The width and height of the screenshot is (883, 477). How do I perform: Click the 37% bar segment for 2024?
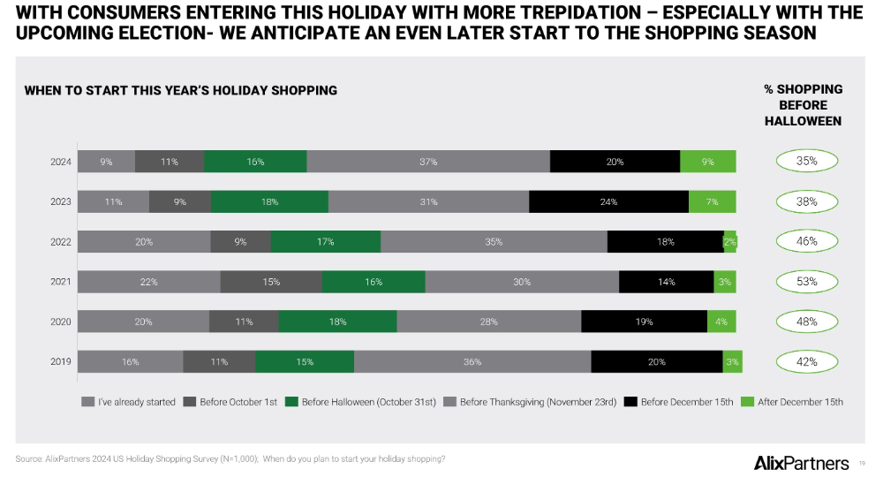click(x=428, y=162)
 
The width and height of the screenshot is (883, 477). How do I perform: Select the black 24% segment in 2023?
click(x=608, y=201)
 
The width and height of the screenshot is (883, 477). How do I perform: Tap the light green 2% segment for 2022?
click(x=729, y=241)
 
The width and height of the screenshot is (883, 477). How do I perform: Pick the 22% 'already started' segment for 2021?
click(x=148, y=282)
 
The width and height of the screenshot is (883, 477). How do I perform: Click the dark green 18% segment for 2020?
click(x=337, y=322)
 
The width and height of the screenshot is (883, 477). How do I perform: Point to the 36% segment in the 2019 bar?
click(x=472, y=361)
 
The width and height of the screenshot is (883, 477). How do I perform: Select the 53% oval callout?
click(x=806, y=282)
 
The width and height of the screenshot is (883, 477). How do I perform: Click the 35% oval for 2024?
click(x=806, y=162)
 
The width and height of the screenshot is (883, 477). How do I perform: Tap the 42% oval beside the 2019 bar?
click(x=806, y=361)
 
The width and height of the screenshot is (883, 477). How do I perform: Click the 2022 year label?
click(x=62, y=241)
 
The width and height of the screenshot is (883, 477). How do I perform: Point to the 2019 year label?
click(x=62, y=361)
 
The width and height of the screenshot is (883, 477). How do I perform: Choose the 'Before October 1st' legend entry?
click(x=230, y=402)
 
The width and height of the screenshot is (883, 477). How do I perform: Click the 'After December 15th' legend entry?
click(x=792, y=402)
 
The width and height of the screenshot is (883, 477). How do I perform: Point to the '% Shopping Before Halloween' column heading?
click(x=803, y=104)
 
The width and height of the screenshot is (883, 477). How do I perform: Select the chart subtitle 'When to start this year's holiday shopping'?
click(x=181, y=90)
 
